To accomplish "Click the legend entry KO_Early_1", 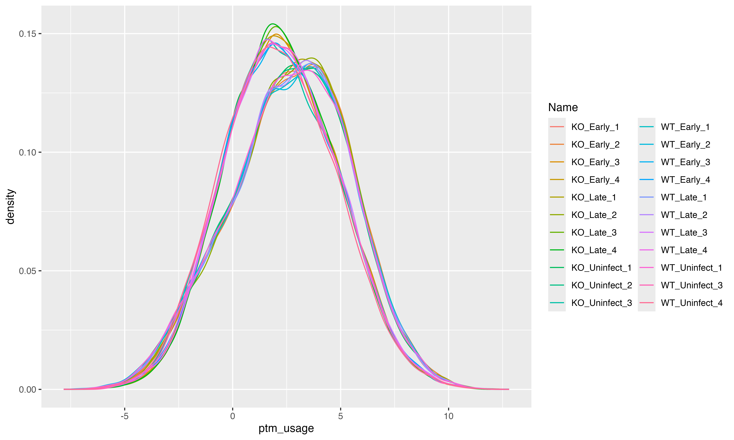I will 595,127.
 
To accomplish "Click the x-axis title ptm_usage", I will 286,428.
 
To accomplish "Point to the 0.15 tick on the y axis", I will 27,34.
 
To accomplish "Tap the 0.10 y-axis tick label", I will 27,152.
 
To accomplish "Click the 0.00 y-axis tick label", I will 27,389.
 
